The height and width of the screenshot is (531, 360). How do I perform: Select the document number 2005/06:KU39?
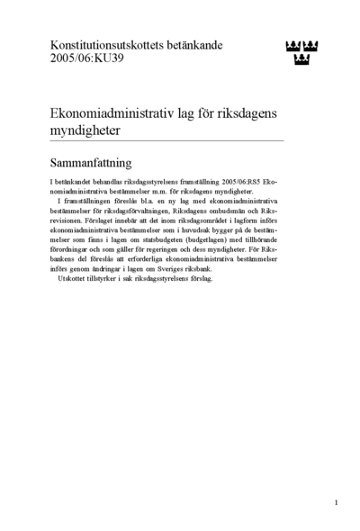coord(89,61)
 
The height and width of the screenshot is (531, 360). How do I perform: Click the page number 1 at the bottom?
coord(336,502)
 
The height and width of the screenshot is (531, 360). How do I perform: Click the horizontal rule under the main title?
coord(166,141)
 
